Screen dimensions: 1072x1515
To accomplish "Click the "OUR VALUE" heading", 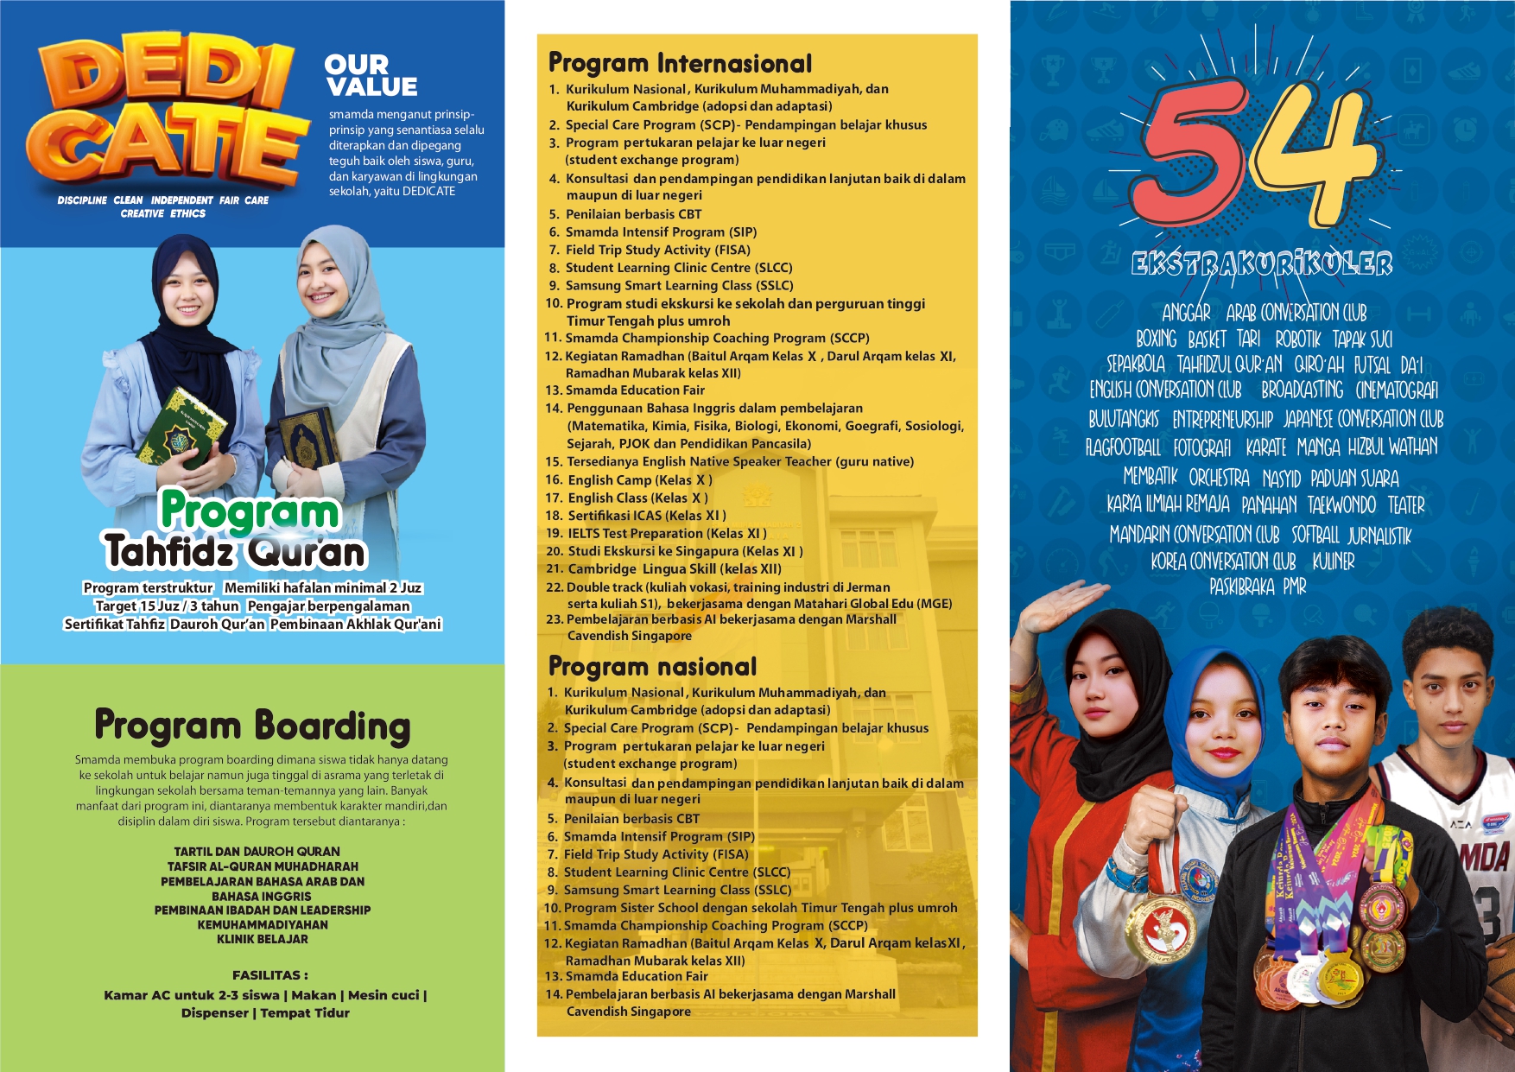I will (371, 75).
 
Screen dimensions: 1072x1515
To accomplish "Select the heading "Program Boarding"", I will (252, 726).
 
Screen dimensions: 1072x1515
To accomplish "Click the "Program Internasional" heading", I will (681, 63).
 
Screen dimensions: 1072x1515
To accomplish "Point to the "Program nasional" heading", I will (653, 666).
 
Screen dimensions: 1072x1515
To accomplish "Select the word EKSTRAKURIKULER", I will (1262, 263).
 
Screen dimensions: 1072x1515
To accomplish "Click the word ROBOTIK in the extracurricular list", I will (1298, 339).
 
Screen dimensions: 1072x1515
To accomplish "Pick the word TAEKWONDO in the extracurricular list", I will (1341, 505).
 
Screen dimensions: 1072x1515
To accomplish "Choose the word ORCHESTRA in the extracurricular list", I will (1219, 478).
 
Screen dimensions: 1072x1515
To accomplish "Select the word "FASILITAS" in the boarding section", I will (266, 975).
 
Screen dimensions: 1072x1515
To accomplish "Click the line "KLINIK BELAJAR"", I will (263, 939).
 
